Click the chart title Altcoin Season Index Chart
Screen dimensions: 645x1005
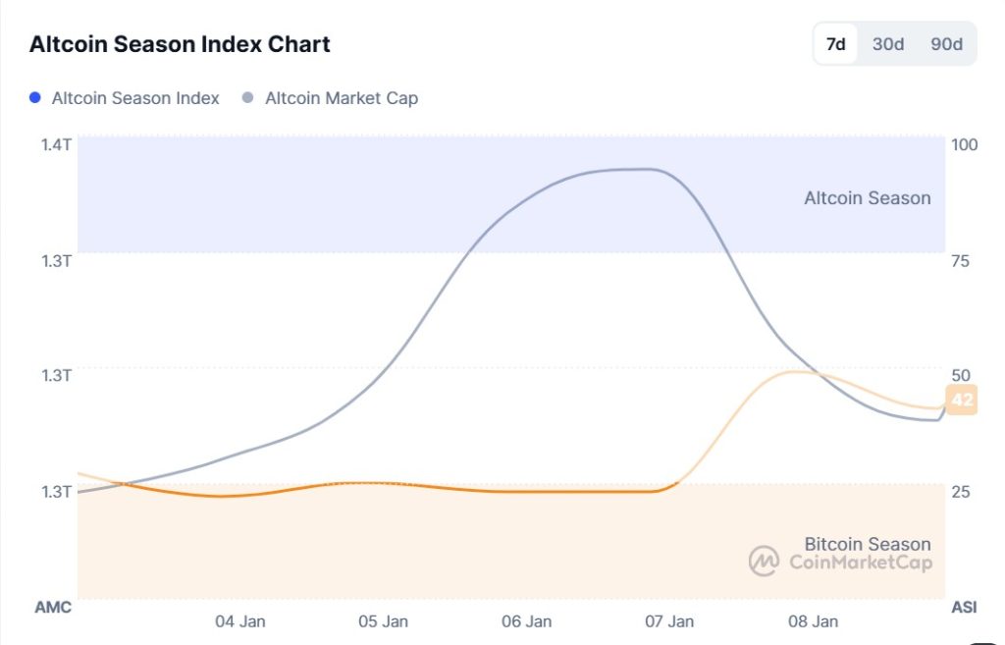click(x=180, y=44)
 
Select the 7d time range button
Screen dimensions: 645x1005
click(x=836, y=44)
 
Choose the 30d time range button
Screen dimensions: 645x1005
click(x=888, y=44)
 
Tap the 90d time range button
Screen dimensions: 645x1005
click(x=946, y=44)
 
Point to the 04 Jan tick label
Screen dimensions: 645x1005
click(x=239, y=621)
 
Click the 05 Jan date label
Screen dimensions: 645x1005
click(x=383, y=621)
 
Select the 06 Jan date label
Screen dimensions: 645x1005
click(x=526, y=621)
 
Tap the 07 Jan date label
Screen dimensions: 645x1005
click(x=669, y=621)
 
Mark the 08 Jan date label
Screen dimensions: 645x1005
click(x=813, y=621)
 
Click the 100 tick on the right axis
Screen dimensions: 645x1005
click(x=965, y=144)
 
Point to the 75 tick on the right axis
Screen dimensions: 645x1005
click(x=961, y=260)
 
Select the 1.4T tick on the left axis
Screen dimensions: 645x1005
click(x=55, y=144)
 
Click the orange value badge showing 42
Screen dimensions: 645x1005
click(x=963, y=400)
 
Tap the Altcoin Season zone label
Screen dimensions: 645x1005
click(x=867, y=198)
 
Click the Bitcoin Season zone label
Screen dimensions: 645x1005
click(x=867, y=544)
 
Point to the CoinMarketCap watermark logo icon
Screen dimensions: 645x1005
click(x=764, y=562)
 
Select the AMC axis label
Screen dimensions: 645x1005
click(x=53, y=608)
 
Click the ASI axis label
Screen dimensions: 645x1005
click(x=964, y=608)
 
